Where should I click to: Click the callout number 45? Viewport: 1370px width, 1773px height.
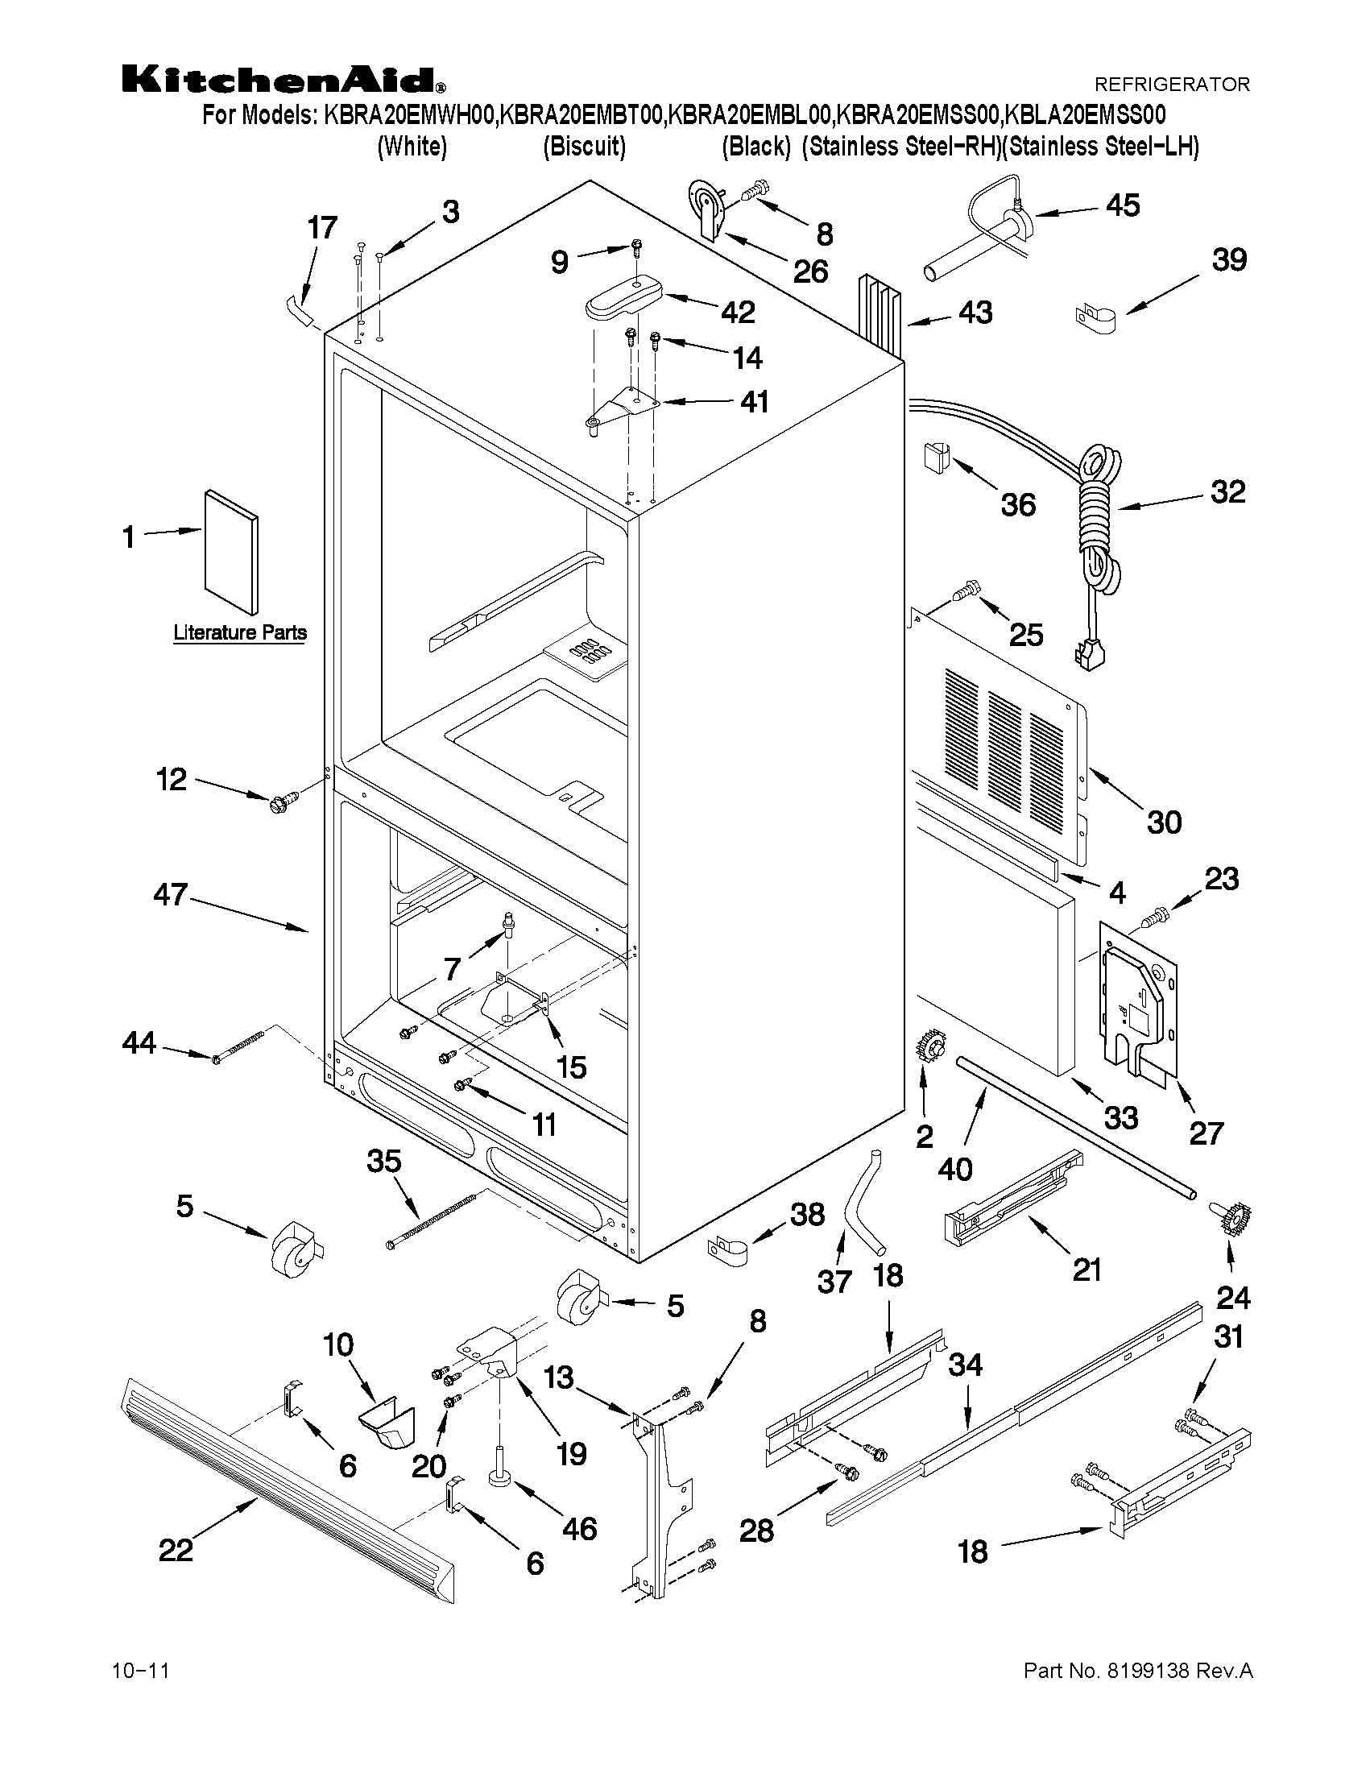click(1124, 205)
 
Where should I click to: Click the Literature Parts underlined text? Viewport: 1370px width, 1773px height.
click(240, 632)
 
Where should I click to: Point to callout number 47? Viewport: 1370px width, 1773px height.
click(171, 896)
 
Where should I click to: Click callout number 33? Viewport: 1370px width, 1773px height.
click(1121, 1118)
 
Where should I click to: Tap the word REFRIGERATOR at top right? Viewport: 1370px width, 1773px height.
click(1172, 85)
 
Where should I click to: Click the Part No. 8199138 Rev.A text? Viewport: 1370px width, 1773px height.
click(1138, 1671)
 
